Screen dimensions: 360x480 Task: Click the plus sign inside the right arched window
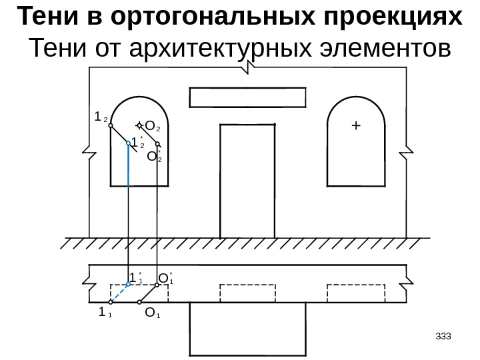[355, 125]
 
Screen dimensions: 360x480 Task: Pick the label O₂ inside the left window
[152, 125]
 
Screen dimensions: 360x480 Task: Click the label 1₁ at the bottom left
[104, 311]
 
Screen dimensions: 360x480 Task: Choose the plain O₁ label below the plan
[152, 312]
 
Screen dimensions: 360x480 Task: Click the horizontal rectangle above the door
[247, 98]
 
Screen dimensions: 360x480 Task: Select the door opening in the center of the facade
[247, 180]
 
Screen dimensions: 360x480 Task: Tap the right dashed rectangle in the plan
[355, 293]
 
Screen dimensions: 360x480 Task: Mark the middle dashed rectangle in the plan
[247, 293]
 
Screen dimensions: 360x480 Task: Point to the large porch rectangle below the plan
[247, 327]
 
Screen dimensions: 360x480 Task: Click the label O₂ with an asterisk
[153, 157]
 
